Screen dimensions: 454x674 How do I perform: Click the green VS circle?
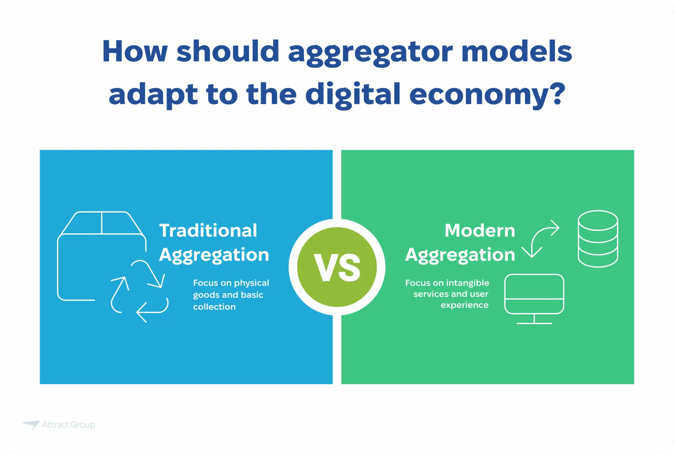[x=337, y=267]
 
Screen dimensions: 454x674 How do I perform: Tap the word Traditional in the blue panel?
[x=208, y=230]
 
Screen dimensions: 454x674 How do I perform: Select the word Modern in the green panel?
[x=480, y=230]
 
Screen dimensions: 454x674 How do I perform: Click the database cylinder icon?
[x=598, y=239]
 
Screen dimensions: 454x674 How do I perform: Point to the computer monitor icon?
[x=534, y=294]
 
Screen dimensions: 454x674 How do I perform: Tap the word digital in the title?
[x=353, y=95]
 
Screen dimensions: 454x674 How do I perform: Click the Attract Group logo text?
[x=68, y=425]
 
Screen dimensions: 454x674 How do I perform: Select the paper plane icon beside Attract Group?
[x=32, y=424]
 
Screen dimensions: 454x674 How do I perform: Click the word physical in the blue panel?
[x=251, y=283]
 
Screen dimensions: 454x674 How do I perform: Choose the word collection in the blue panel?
[x=214, y=307]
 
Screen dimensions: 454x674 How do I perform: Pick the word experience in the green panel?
[x=464, y=305]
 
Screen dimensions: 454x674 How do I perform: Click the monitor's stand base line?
[x=534, y=323]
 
